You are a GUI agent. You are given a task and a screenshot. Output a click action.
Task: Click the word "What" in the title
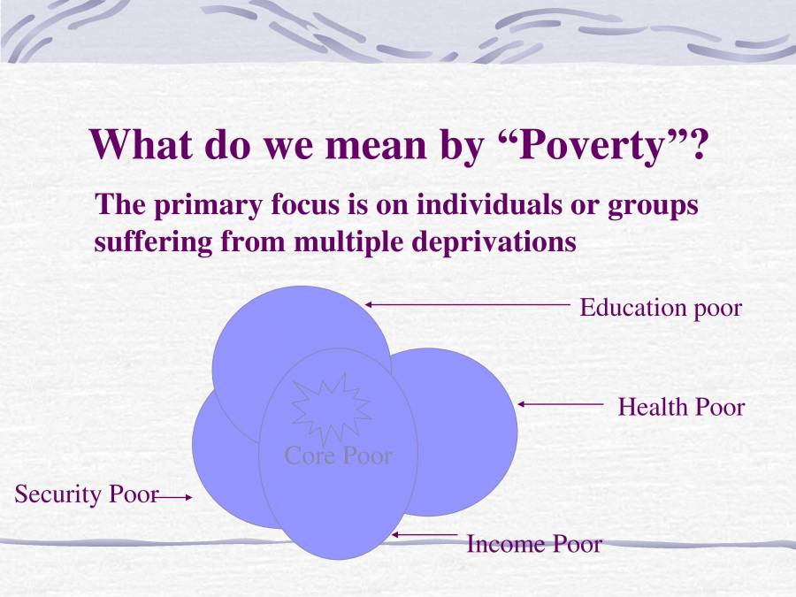pyautogui.click(x=138, y=143)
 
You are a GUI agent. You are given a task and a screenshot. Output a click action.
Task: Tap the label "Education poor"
pyautogui.click(x=660, y=308)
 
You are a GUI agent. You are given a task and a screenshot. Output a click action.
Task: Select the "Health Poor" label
pyautogui.click(x=681, y=407)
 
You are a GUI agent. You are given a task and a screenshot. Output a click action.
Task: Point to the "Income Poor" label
pyautogui.click(x=533, y=544)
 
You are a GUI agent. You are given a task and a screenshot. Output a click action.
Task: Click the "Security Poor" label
pyautogui.click(x=85, y=494)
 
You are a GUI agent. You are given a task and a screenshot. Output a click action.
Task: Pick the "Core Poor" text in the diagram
pyautogui.click(x=337, y=455)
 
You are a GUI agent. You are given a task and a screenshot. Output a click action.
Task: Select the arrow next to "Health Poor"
pyautogui.click(x=559, y=404)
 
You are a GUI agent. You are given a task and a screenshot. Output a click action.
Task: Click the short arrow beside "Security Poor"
pyautogui.click(x=172, y=498)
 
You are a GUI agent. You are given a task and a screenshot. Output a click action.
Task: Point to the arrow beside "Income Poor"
pyautogui.click(x=425, y=535)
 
